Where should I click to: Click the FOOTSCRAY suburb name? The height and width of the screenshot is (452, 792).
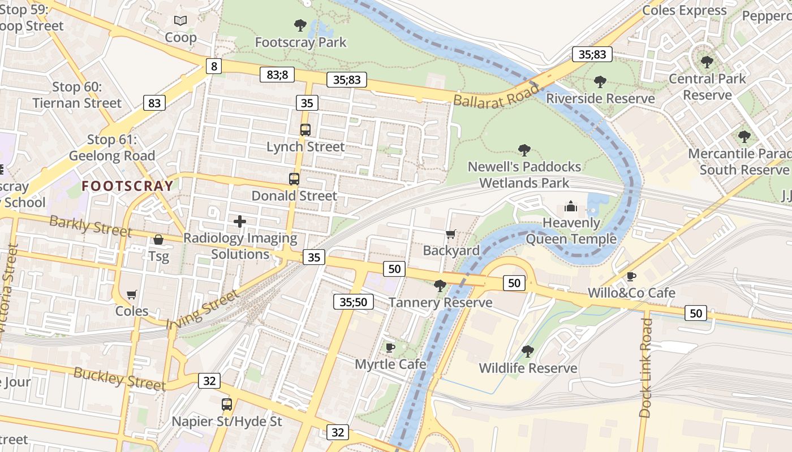pyautogui.click(x=127, y=185)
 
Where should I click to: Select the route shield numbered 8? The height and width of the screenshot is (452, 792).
pyautogui.click(x=213, y=67)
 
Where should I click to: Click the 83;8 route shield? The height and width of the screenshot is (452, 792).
pyautogui.click(x=277, y=74)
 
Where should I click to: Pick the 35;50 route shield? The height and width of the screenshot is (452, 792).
pyautogui.click(x=354, y=302)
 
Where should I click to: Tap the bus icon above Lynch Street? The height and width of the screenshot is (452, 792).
pyautogui.click(x=305, y=130)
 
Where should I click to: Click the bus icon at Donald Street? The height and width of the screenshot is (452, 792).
pyautogui.click(x=294, y=179)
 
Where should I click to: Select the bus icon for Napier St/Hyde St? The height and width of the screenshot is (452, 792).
pyautogui.click(x=227, y=405)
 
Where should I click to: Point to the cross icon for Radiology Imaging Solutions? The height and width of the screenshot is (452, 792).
pyautogui.click(x=240, y=221)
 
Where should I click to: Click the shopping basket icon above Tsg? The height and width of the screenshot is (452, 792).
pyautogui.click(x=158, y=240)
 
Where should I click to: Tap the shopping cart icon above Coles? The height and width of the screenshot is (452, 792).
pyautogui.click(x=132, y=294)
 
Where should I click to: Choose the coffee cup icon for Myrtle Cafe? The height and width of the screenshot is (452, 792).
pyautogui.click(x=390, y=347)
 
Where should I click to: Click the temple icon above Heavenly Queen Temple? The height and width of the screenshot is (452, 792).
pyautogui.click(x=571, y=206)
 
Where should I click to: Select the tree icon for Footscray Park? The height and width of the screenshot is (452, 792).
pyautogui.click(x=300, y=25)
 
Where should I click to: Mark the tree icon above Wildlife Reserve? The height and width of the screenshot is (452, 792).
pyautogui.click(x=528, y=351)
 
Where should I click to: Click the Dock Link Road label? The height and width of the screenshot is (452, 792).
pyautogui.click(x=646, y=367)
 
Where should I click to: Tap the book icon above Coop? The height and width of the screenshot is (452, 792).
pyautogui.click(x=180, y=21)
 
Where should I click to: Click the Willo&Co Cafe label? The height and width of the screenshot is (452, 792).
pyautogui.click(x=631, y=293)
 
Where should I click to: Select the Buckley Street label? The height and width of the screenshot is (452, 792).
pyautogui.click(x=120, y=379)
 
